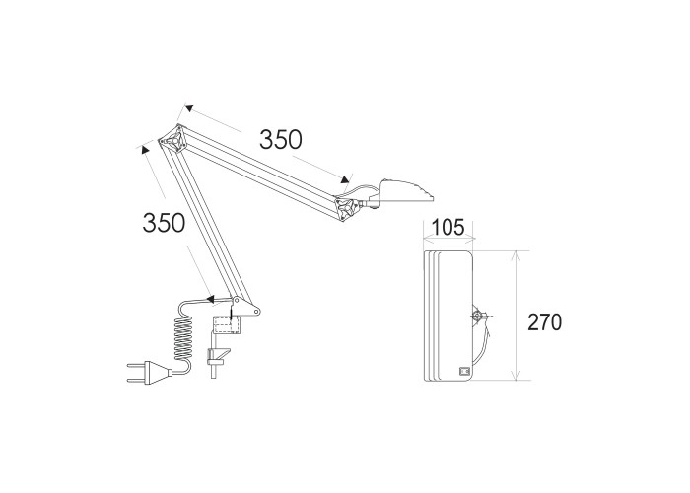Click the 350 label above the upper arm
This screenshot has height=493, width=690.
coord(281,139)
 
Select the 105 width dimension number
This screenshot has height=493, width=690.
coord(448,228)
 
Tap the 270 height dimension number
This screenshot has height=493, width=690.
coord(545,322)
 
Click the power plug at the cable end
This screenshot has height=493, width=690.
coord(150,372)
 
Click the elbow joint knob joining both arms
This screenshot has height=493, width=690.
coord(174,140)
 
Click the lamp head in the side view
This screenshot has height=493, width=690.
coord(402,192)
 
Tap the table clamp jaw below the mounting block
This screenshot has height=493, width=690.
coord(218,357)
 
